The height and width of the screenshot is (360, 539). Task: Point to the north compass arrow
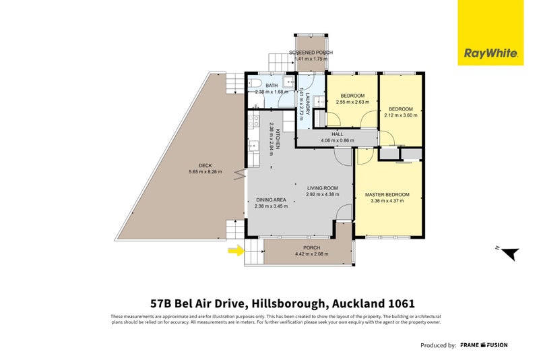pos(510,253)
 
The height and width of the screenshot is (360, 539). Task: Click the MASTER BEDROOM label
pos(387,195)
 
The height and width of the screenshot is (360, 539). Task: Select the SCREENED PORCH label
pos(311,53)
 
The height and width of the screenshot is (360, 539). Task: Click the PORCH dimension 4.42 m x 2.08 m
pos(311,254)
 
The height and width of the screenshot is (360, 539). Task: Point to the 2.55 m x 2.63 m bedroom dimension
pos(352,102)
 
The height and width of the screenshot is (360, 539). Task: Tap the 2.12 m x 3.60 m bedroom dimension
pos(402,115)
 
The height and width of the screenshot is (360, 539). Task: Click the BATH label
pos(272,86)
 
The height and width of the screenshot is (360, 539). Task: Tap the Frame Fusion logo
pos(484,345)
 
